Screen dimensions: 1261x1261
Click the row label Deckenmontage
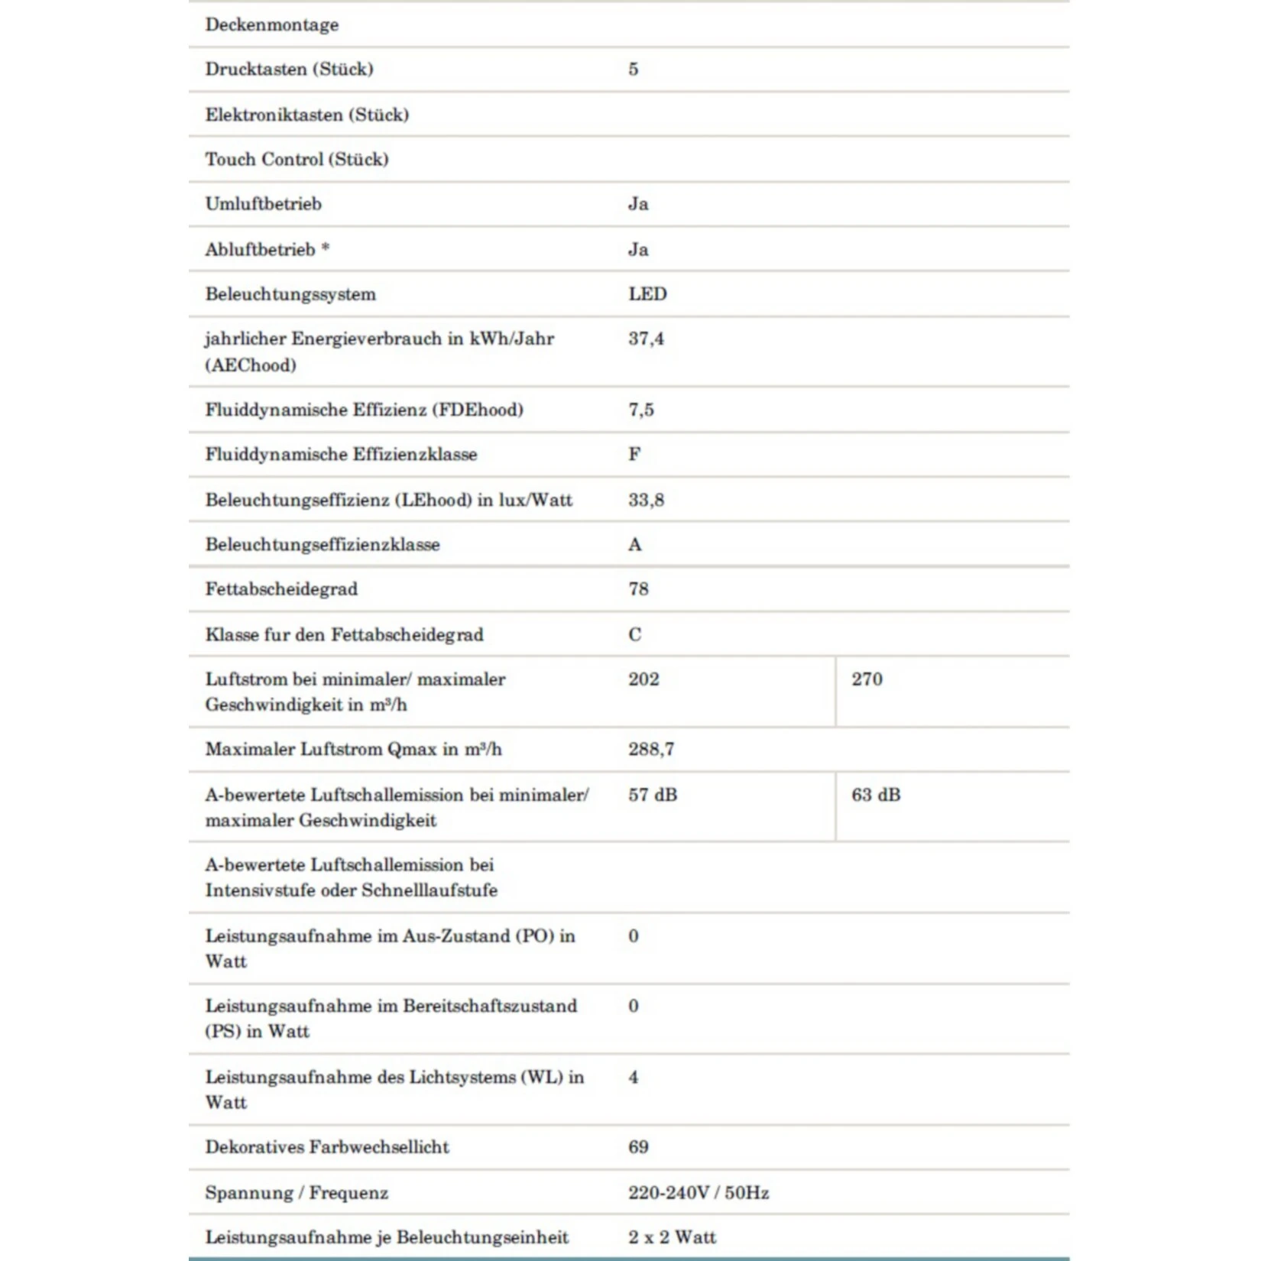click(271, 24)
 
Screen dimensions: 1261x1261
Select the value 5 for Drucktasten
click(633, 70)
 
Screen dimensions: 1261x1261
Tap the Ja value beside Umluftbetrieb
click(638, 204)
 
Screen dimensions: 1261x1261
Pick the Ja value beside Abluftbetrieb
click(638, 250)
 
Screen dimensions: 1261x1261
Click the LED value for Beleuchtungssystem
click(647, 294)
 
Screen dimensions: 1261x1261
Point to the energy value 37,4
click(646, 339)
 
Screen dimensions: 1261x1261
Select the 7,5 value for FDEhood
click(641, 410)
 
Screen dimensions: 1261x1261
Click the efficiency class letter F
click(634, 455)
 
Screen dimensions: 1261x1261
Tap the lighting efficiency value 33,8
click(646, 500)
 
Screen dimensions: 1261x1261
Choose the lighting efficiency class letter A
click(635, 545)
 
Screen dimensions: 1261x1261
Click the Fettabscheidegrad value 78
click(638, 589)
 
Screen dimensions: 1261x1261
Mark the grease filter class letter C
click(635, 634)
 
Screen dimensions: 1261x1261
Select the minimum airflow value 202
click(643, 679)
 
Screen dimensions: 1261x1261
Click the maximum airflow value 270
click(867, 679)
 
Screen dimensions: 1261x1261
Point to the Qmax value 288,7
click(651, 750)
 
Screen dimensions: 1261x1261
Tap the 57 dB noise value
click(653, 795)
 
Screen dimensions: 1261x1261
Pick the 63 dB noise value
click(876, 795)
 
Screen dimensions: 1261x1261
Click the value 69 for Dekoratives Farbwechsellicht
click(638, 1147)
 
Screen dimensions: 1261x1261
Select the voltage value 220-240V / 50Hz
click(699, 1193)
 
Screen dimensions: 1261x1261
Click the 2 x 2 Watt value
click(672, 1237)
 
